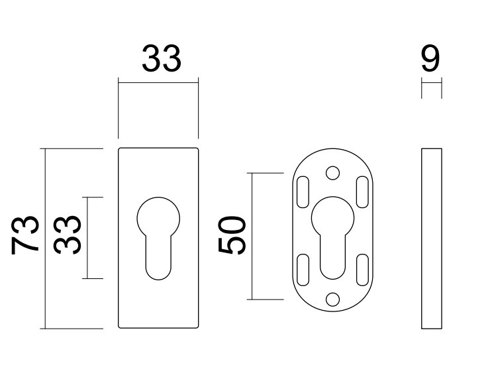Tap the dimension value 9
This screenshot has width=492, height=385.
[x=430, y=60]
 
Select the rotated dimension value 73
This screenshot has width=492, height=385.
[x=27, y=235]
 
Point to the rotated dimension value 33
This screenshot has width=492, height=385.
[x=68, y=236]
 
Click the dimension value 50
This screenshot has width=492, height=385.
[x=233, y=236]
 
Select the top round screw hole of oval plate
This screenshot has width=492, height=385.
[x=333, y=174]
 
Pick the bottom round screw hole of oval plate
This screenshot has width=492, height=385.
[x=333, y=300]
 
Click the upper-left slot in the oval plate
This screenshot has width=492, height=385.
[x=302, y=190]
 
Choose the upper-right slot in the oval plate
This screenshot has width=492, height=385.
[x=363, y=190]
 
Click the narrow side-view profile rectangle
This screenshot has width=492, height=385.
[x=431, y=239]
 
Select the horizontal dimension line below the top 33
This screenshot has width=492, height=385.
[x=158, y=82]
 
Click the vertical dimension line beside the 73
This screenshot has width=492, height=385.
[x=44, y=239]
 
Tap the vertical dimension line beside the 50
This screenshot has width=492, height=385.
[x=250, y=236]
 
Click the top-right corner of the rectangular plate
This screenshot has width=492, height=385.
[x=197, y=148]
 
